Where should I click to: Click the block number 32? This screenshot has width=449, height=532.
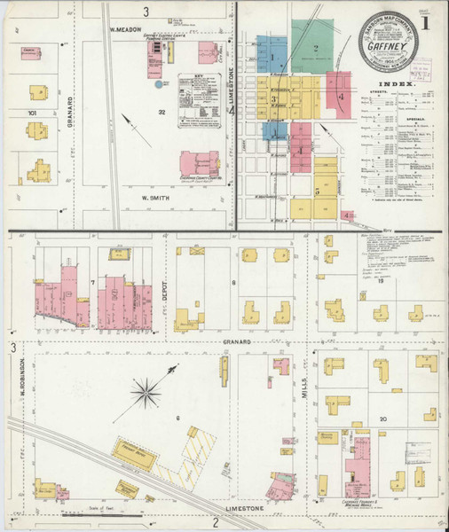click(162, 113)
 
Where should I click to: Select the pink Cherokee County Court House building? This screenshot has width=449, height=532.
click(199, 164)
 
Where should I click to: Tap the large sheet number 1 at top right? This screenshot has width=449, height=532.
click(433, 19)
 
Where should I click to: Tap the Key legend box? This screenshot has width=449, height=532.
click(197, 90)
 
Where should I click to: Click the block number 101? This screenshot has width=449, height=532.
click(32, 113)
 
